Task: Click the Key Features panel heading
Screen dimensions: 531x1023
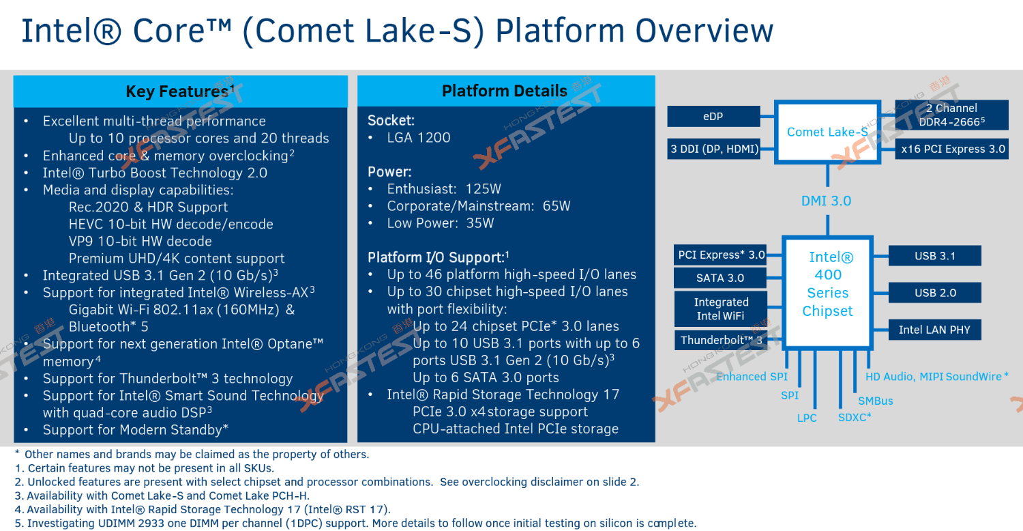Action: [180, 91]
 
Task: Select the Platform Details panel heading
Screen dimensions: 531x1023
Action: [505, 91]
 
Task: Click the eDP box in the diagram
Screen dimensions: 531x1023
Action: [713, 117]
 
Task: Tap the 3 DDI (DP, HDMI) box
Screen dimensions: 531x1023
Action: [714, 149]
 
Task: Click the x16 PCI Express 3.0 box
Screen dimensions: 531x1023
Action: [951, 149]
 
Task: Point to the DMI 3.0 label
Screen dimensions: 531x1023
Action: [826, 201]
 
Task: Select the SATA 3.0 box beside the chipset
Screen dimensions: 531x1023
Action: [720, 278]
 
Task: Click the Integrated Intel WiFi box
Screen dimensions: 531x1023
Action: [721, 308]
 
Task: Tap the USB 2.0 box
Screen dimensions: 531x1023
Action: [935, 293]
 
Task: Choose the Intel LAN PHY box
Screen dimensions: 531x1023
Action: [934, 330]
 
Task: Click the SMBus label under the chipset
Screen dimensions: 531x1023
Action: [875, 401]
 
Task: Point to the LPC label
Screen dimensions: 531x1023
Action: [807, 418]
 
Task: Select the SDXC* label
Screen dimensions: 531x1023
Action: [855, 417]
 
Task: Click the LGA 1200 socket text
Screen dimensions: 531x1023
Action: [419, 138]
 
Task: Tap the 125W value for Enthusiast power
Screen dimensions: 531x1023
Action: [483, 189]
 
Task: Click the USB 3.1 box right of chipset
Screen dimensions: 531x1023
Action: [935, 256]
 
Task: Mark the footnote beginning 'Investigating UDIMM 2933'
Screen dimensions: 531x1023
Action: [355, 523]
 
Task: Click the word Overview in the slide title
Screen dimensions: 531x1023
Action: [705, 31]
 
